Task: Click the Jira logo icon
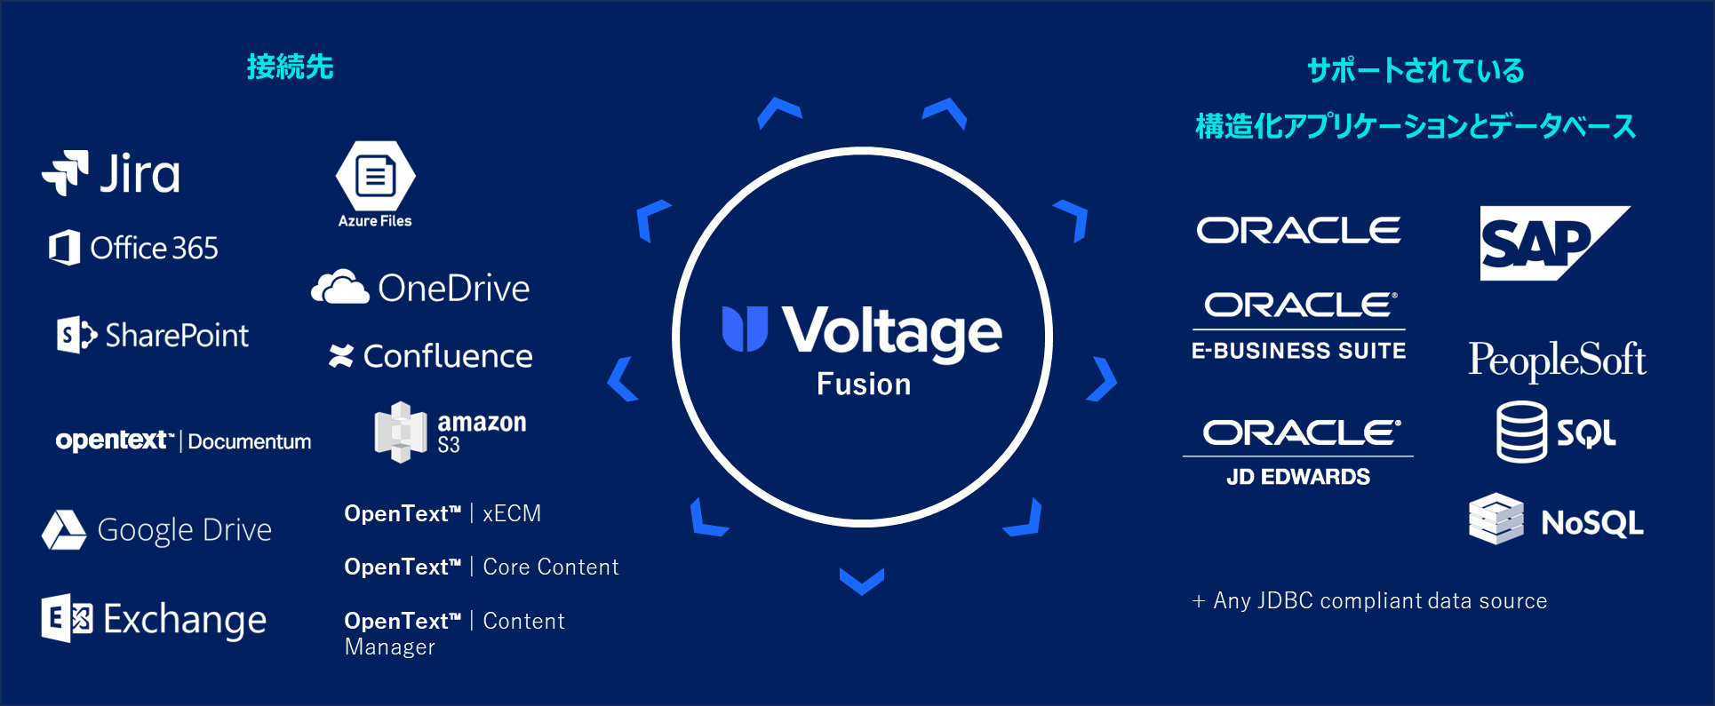tap(66, 172)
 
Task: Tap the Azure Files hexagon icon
tap(376, 176)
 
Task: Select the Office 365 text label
tap(155, 248)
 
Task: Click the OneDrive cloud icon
tap(339, 287)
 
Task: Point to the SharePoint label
tap(177, 335)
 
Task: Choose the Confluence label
tap(448, 356)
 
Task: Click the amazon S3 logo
tap(451, 432)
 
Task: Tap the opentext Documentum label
tap(183, 440)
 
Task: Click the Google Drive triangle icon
tap(64, 530)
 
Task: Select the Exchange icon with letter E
tap(67, 618)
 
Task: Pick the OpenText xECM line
tap(443, 513)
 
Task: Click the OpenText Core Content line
tap(482, 567)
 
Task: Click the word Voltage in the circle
tap(892, 332)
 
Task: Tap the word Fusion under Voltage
tap(864, 384)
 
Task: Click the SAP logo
tap(1555, 243)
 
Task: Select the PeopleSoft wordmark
tap(1557, 360)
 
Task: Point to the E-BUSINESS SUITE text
tap(1298, 351)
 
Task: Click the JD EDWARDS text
tap(1298, 477)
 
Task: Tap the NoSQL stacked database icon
tap(1496, 519)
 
